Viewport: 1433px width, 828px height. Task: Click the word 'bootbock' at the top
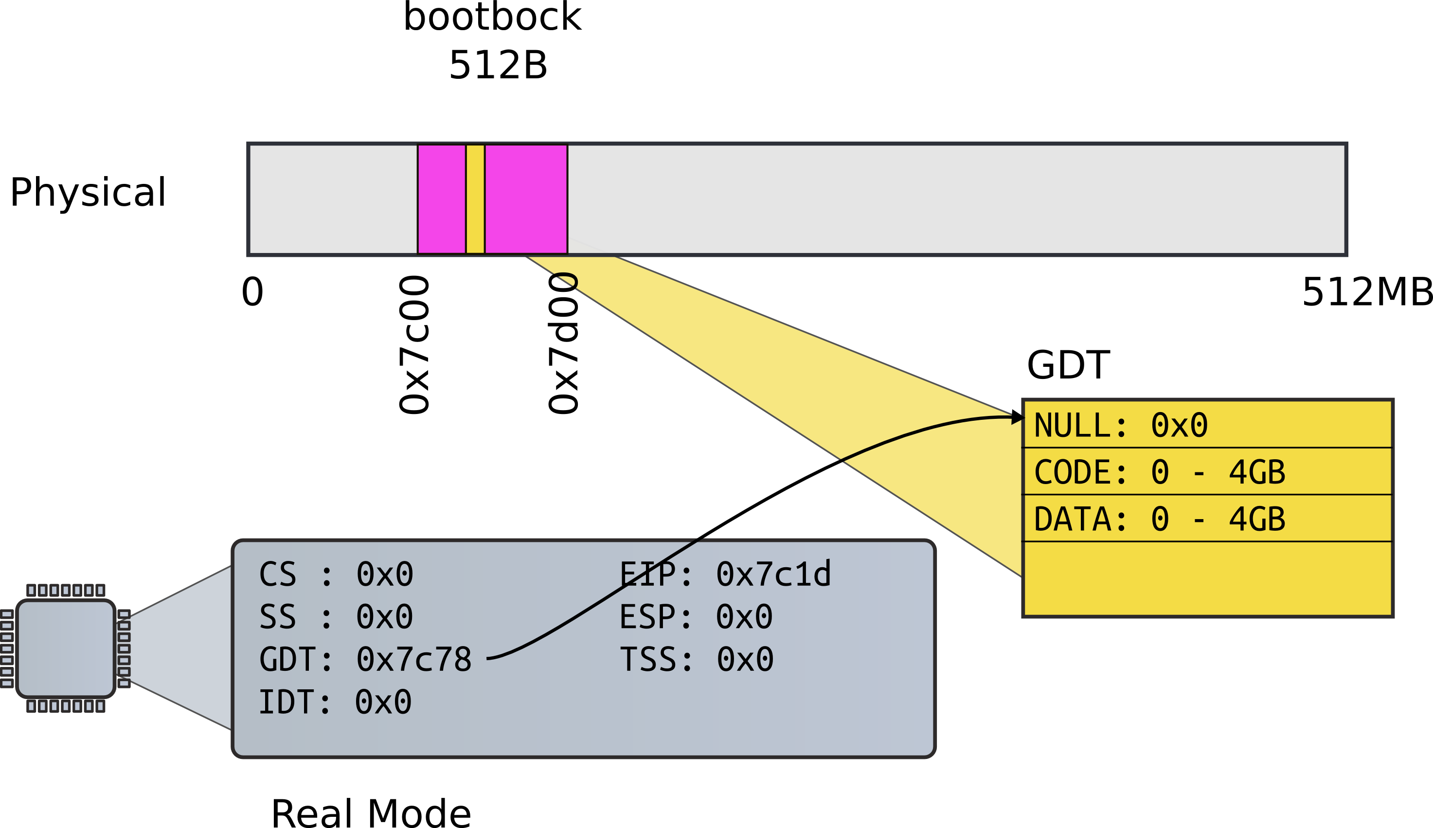492,17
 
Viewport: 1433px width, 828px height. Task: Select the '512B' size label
498,65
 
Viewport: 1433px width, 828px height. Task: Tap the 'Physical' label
88,192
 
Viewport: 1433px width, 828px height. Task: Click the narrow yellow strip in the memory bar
475,199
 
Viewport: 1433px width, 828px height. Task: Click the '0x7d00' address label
563,344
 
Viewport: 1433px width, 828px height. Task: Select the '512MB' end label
1366,292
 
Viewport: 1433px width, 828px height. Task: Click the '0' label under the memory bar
252,292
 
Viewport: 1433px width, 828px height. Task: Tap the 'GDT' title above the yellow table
1068,365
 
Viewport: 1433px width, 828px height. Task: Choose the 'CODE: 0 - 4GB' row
1160,472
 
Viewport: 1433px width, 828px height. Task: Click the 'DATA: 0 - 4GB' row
1160,519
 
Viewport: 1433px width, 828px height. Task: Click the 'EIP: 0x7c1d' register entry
725,575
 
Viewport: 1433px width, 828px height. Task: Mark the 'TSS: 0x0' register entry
697,660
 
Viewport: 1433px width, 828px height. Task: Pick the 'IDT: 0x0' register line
335,702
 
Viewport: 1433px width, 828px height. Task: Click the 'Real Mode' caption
371,813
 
